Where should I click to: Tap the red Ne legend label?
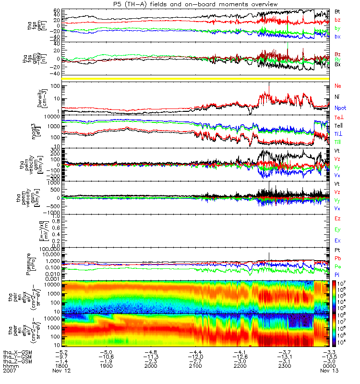pos(337,86)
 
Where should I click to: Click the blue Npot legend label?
pos(340,108)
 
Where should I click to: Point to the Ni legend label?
pos(337,97)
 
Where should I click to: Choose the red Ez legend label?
pos(337,219)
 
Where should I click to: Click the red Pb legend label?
pos(337,258)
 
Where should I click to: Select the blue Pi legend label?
pos(337,274)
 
